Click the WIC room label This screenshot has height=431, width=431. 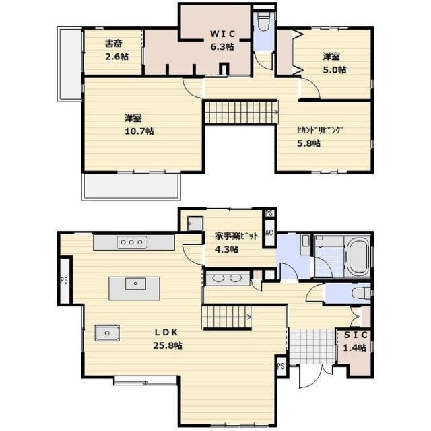223,34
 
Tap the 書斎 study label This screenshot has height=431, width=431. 114,43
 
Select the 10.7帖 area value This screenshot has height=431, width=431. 139,131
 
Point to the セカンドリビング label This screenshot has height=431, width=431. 320,130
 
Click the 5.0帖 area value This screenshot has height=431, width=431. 334,70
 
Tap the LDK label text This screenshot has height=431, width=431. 166,332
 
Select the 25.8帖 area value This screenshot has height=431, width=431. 168,345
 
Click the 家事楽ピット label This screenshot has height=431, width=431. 236,236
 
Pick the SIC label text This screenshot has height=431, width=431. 356,335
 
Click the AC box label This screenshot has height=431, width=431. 269,232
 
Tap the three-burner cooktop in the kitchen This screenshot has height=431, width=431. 132,242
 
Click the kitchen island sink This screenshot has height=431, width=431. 135,284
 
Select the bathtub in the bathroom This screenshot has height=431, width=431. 358,257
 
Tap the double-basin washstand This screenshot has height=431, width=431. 228,278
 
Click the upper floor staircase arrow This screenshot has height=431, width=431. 275,112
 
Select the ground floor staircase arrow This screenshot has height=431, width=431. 248,317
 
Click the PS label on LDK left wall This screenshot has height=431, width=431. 64,281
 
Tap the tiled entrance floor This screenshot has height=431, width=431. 312,346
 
